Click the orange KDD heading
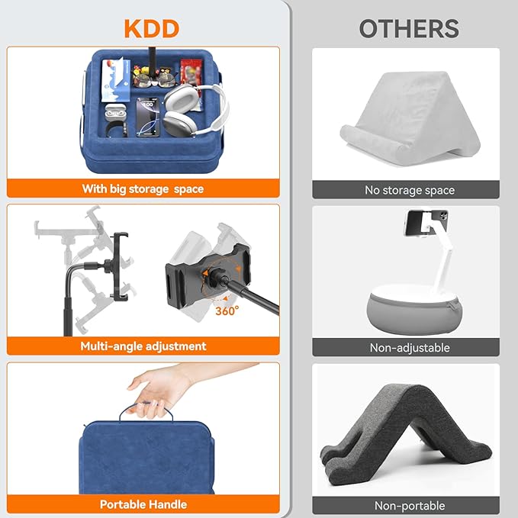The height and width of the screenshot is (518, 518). tap(151, 29)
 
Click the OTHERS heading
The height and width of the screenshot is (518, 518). tap(409, 29)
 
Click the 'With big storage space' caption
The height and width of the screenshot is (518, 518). tap(143, 188)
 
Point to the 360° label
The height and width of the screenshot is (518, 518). tap(227, 310)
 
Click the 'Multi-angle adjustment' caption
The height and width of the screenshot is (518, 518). tap(143, 346)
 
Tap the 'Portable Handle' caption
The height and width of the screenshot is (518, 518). tap(143, 504)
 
